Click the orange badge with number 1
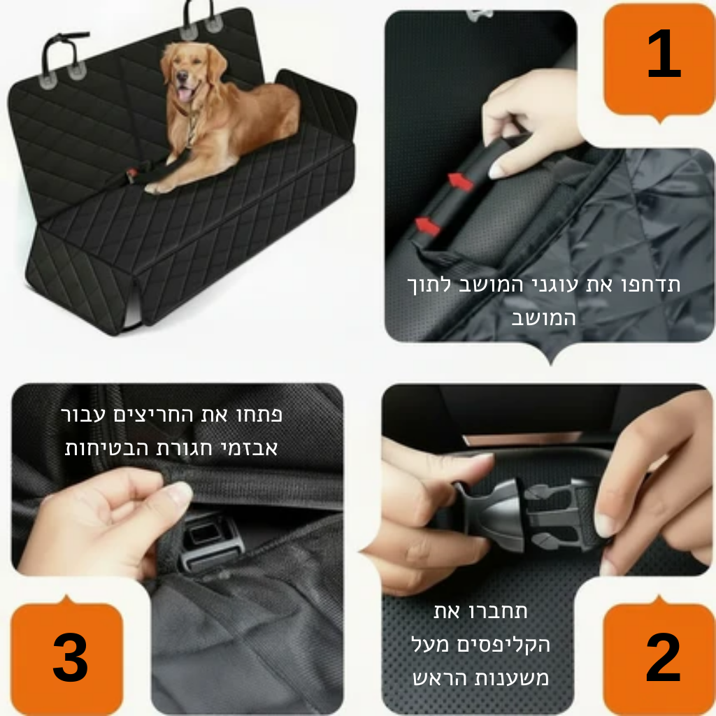point(659,59)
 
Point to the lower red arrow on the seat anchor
point(427,226)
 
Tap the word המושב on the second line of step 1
point(543,318)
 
